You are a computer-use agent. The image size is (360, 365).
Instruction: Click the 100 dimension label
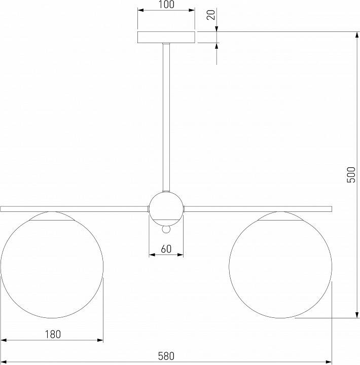(166, 5)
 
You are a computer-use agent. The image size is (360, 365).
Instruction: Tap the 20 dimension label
(211, 15)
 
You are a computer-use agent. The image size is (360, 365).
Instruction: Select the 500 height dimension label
(351, 174)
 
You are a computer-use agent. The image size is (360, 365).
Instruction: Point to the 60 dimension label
(166, 249)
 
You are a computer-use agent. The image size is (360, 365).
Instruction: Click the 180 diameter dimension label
(53, 334)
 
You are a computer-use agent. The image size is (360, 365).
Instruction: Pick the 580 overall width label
(166, 356)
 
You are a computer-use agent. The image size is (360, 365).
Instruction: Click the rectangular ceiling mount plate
(166, 37)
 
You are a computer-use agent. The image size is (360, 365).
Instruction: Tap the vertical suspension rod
(166, 117)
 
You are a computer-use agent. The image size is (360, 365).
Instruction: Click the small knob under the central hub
(166, 230)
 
